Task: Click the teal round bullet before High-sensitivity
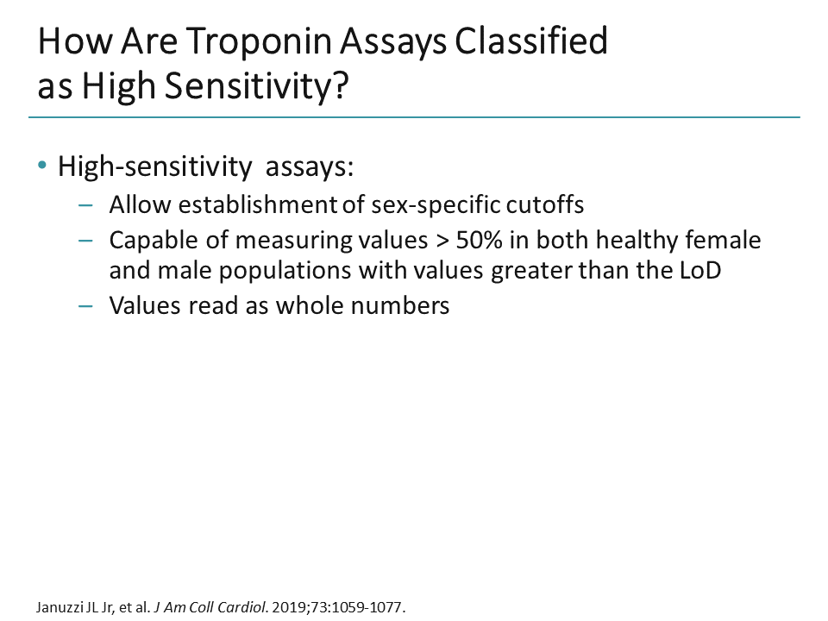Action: (x=42, y=166)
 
